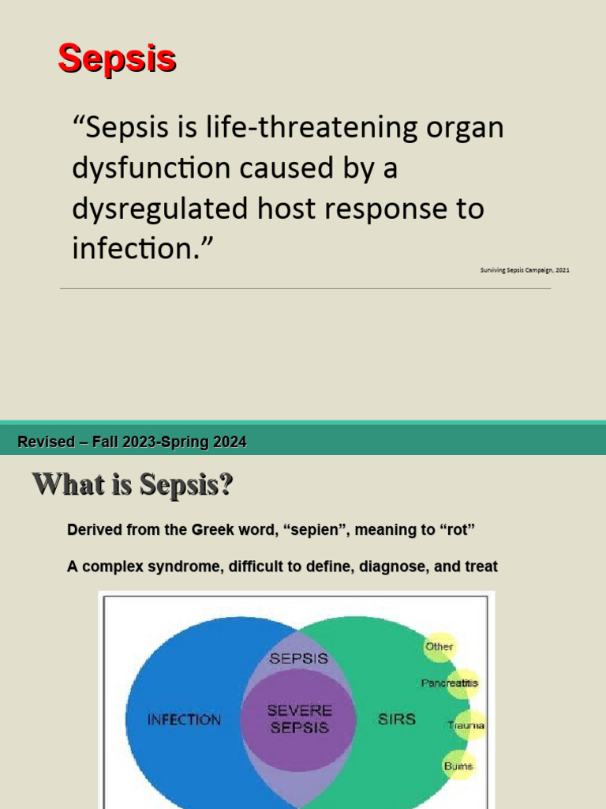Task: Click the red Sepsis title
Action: coord(117,59)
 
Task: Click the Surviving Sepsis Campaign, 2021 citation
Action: coord(525,270)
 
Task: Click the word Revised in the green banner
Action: coord(45,442)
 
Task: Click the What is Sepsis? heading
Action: coord(133,484)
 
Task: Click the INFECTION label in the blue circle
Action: coord(185,720)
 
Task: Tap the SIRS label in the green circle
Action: coord(397,720)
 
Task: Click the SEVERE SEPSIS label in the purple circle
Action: coord(300,719)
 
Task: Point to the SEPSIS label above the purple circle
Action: coord(299,657)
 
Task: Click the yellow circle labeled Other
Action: coord(440,646)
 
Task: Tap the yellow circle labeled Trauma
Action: coord(466,724)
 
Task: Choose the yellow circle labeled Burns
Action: coord(458,766)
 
